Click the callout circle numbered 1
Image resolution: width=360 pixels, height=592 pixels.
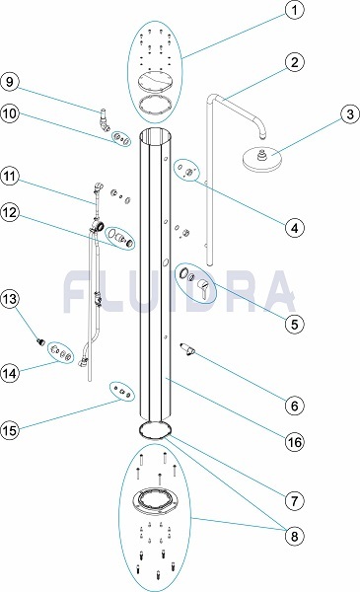pos(294,10)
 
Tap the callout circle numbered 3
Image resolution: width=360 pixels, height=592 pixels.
pos(350,113)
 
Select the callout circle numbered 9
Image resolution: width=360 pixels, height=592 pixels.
pos(10,82)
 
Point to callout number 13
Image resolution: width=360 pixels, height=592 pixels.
pos(10,299)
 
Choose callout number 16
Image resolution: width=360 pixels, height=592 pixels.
pos(294,441)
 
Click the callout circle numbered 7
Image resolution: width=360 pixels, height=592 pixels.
pos(294,501)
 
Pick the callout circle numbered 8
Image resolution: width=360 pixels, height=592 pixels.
pos(294,536)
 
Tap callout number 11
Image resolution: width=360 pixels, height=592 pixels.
pos(10,176)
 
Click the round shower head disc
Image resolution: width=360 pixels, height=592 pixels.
pos(261,159)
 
